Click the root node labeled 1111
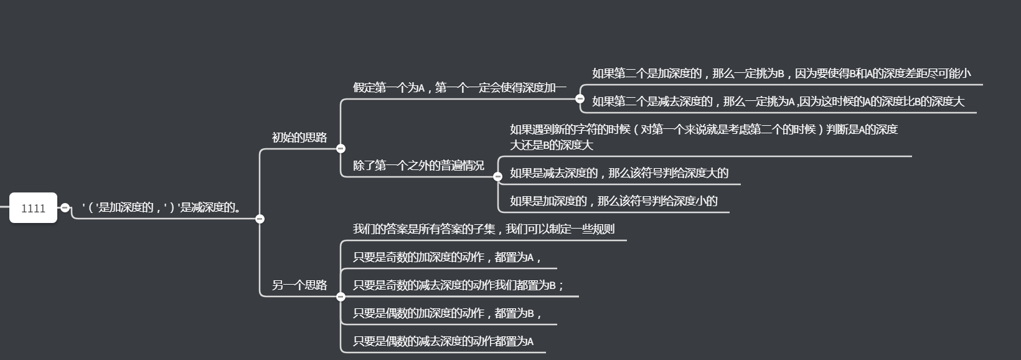pyautogui.click(x=33, y=208)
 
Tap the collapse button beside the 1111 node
pyautogui.click(x=65, y=208)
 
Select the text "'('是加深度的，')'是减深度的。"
pyautogui.click(x=161, y=207)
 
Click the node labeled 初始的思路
pyautogui.click(x=299, y=138)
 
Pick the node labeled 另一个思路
pyautogui.click(x=299, y=285)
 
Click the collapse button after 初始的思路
pyautogui.click(x=341, y=148)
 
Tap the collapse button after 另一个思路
pyautogui.click(x=341, y=296)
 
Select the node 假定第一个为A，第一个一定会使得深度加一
pyautogui.click(x=459, y=88)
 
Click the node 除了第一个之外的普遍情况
pyautogui.click(x=418, y=166)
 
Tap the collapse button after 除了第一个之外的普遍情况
pyautogui.click(x=497, y=177)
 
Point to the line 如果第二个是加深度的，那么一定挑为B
pyautogui.click(x=781, y=73)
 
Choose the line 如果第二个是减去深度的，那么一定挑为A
pyautogui.click(x=778, y=102)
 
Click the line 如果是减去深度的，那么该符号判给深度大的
pyautogui.click(x=619, y=173)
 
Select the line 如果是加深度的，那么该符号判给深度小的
pyautogui.click(x=613, y=201)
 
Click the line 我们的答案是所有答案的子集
pyautogui.click(x=483, y=229)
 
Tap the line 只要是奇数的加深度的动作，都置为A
pyautogui.click(x=446, y=257)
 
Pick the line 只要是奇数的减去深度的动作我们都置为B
pyautogui.click(x=458, y=285)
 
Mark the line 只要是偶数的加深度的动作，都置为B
pyautogui.click(x=446, y=313)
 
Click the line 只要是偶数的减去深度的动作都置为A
pyautogui.click(x=443, y=341)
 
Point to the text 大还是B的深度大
pyautogui.click(x=551, y=145)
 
